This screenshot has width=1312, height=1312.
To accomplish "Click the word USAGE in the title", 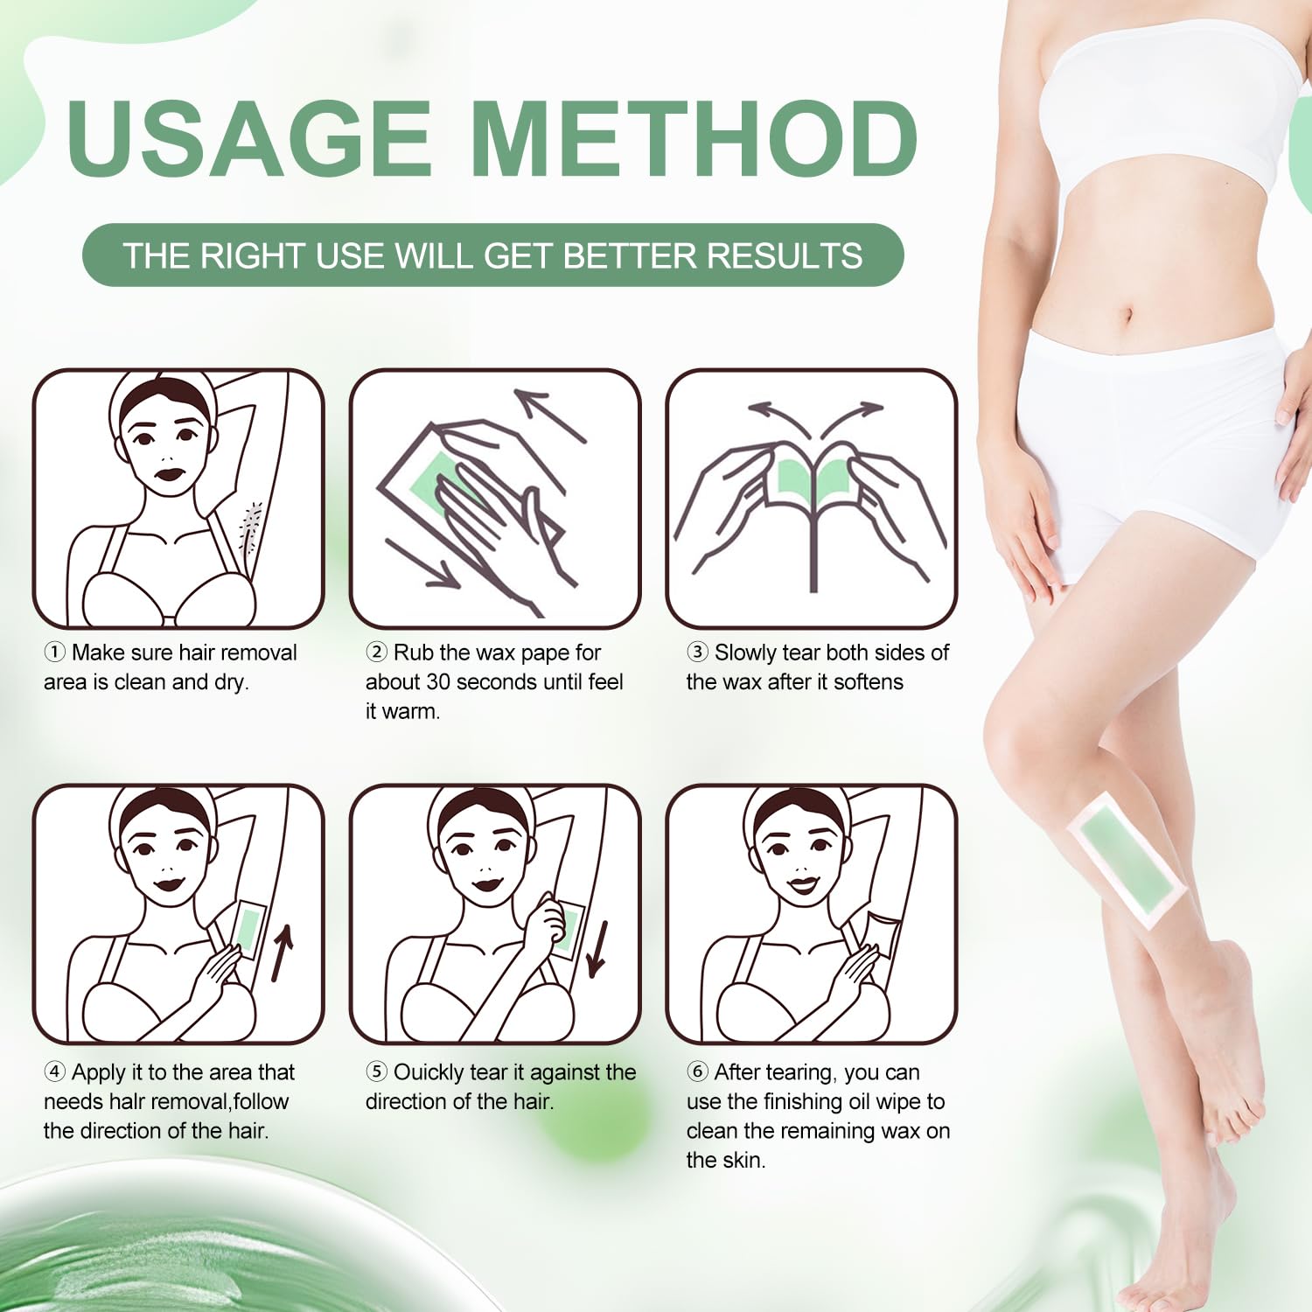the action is point(249,137).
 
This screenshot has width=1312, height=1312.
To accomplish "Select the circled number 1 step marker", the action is point(54,653).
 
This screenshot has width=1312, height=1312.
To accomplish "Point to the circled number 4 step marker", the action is point(54,1072).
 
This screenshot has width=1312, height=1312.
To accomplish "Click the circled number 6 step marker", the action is point(697,1072).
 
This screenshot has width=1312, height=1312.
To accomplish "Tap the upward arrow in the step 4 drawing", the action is point(282,953).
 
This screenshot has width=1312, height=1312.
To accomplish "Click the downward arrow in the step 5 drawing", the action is point(598,949).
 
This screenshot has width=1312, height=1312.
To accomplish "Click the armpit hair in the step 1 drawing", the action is point(251,527).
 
